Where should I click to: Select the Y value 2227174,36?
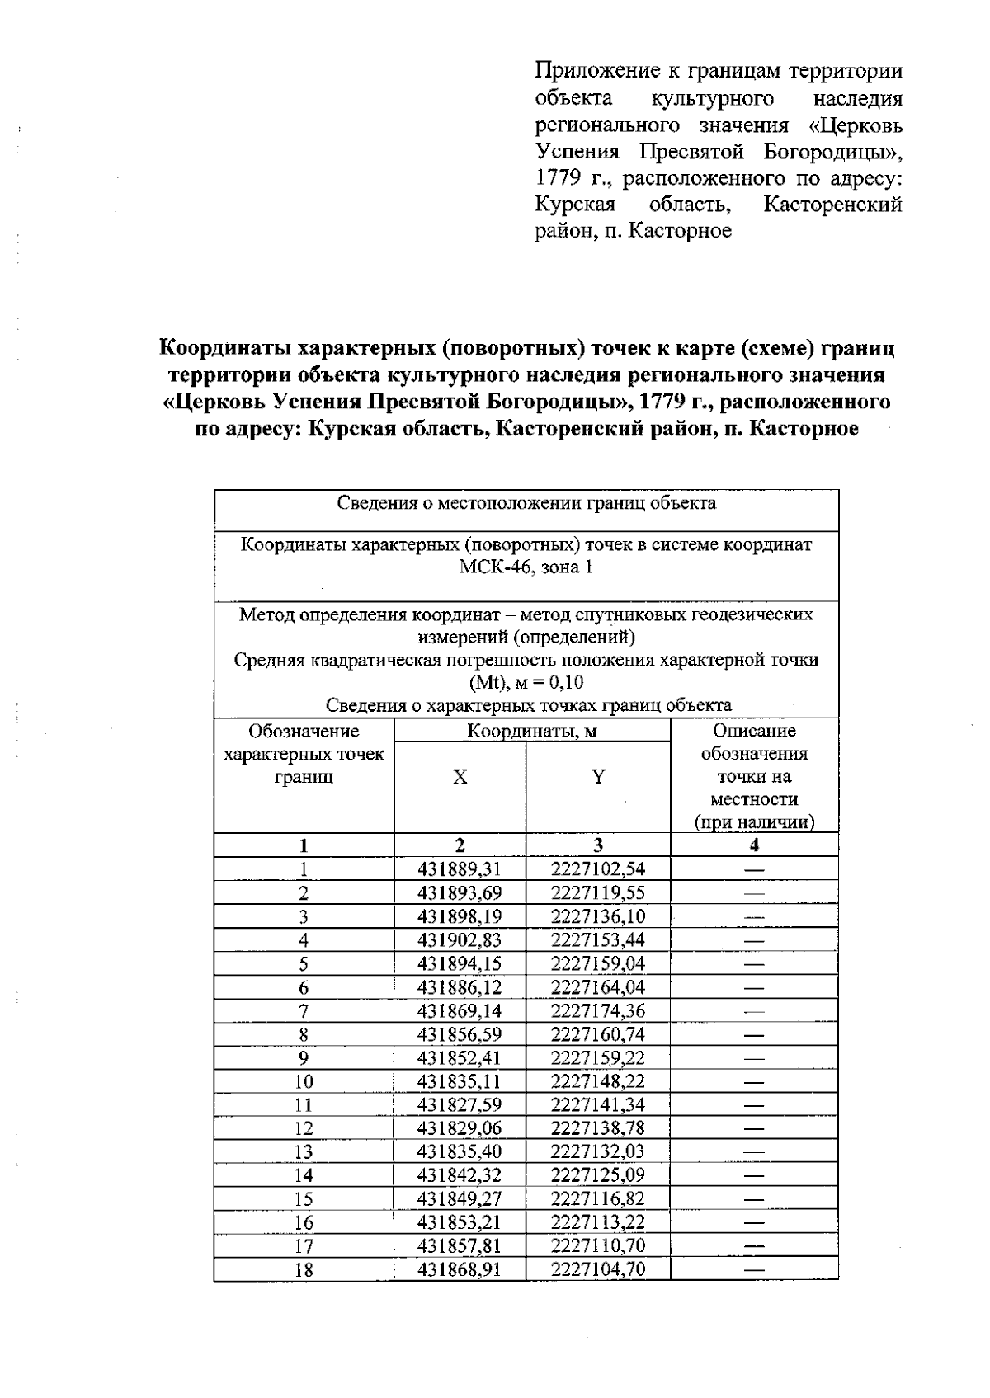[598, 1010]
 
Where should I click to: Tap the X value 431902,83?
[460, 939]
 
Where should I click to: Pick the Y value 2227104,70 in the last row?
[598, 1269]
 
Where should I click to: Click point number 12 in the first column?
[304, 1128]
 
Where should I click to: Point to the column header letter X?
[460, 776]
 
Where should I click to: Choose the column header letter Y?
[598, 776]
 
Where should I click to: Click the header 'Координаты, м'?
[531, 731]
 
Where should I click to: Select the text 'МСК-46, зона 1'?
[526, 567]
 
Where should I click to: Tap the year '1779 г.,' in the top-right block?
[574, 178]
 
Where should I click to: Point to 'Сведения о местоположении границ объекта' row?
[526, 503]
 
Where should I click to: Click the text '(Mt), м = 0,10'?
[526, 683]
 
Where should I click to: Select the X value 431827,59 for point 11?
[460, 1104]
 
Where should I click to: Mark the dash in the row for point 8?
[754, 1034]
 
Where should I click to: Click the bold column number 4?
[754, 845]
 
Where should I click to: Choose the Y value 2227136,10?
[598, 916]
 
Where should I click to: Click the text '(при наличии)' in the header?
[754, 822]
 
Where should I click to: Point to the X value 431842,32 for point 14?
[460, 1175]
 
